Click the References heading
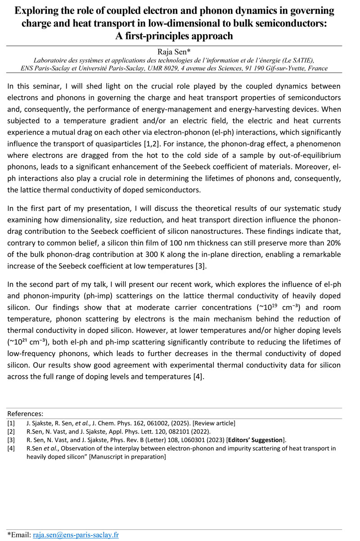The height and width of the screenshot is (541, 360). (x=25, y=414)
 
